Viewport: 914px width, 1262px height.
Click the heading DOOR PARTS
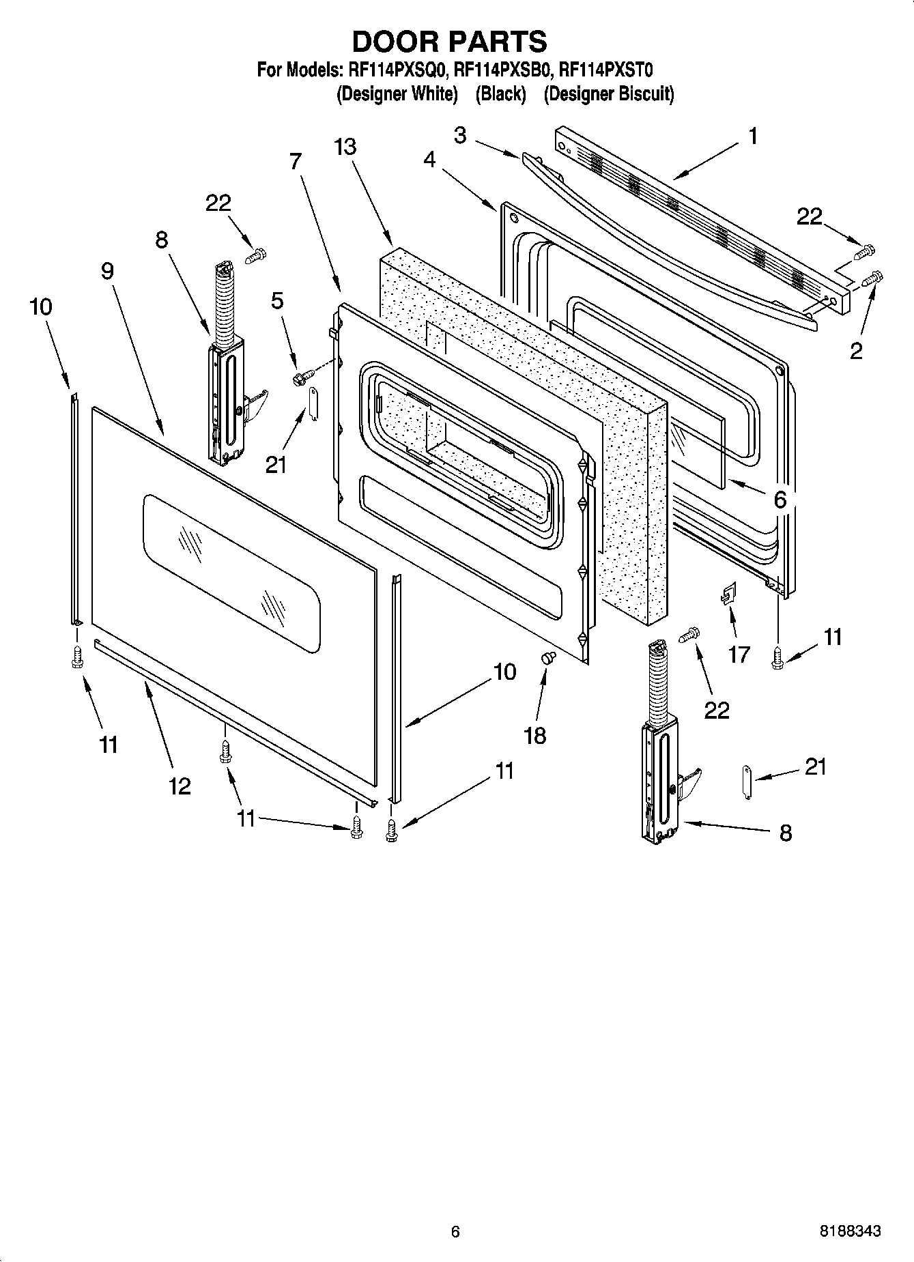coord(449,42)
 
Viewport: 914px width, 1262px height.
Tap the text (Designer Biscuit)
coord(608,94)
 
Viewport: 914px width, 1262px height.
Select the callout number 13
coord(345,147)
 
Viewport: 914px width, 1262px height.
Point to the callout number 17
coord(739,654)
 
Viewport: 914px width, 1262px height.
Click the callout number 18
coord(535,736)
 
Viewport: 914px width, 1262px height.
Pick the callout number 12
coord(180,786)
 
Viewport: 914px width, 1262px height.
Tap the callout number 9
coord(108,271)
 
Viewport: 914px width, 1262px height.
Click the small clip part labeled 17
coord(728,592)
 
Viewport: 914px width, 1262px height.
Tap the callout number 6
coord(780,500)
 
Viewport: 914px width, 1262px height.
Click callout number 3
coord(460,136)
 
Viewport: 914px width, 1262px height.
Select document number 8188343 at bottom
coord(850,1231)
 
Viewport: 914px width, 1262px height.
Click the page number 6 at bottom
coord(455,1231)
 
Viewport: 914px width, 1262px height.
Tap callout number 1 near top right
coord(753,137)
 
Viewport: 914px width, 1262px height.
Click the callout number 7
coord(295,161)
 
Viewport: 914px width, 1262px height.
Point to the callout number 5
coord(277,301)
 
